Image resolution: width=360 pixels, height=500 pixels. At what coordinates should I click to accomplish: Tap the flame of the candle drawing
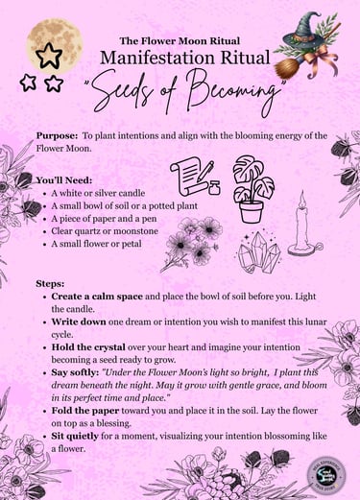click(300, 202)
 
